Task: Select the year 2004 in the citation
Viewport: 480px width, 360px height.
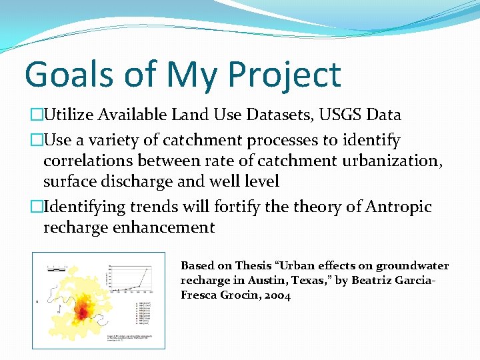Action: point(276,295)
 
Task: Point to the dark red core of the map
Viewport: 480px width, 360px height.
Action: point(83,311)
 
